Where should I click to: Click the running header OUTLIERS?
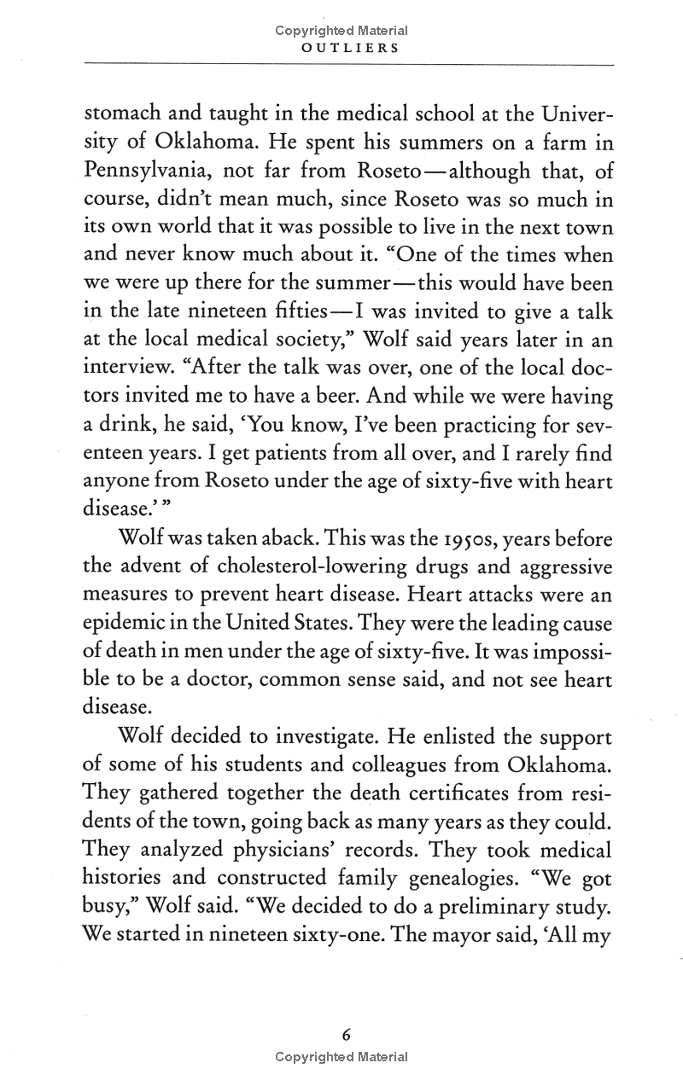[341, 49]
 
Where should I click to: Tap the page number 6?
[346, 1035]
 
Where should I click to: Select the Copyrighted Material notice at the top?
[341, 31]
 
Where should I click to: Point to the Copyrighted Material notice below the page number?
[341, 1056]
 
